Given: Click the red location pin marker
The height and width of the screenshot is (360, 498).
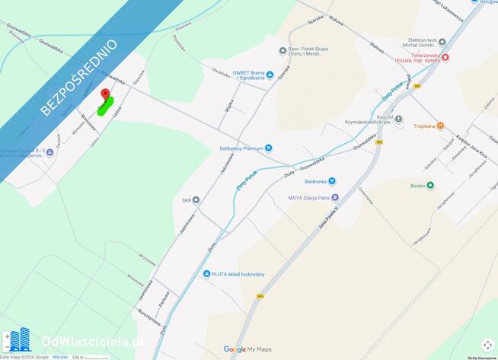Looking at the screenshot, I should click(105, 94).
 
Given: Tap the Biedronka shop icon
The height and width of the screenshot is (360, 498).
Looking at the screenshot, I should click(331, 181).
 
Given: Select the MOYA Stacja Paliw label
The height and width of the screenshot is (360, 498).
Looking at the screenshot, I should click(308, 198).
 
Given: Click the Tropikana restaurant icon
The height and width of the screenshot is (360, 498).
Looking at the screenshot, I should click(439, 126).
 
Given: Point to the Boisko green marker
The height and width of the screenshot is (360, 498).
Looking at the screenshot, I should click(430, 185).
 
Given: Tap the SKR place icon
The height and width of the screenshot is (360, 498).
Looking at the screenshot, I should click(196, 200).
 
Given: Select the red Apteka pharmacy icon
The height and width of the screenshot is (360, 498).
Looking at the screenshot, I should click(445, 57).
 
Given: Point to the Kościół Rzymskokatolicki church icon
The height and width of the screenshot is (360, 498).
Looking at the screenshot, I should click(398, 119).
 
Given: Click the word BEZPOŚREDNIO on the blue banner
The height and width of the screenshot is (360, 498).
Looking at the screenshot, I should click(78, 77).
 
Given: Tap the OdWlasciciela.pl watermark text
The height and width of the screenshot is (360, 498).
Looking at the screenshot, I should click(91, 342).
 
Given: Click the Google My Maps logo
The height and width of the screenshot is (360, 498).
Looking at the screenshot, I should click(247, 349).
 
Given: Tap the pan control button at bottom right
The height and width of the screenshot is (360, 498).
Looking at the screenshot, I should click(487, 344).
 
